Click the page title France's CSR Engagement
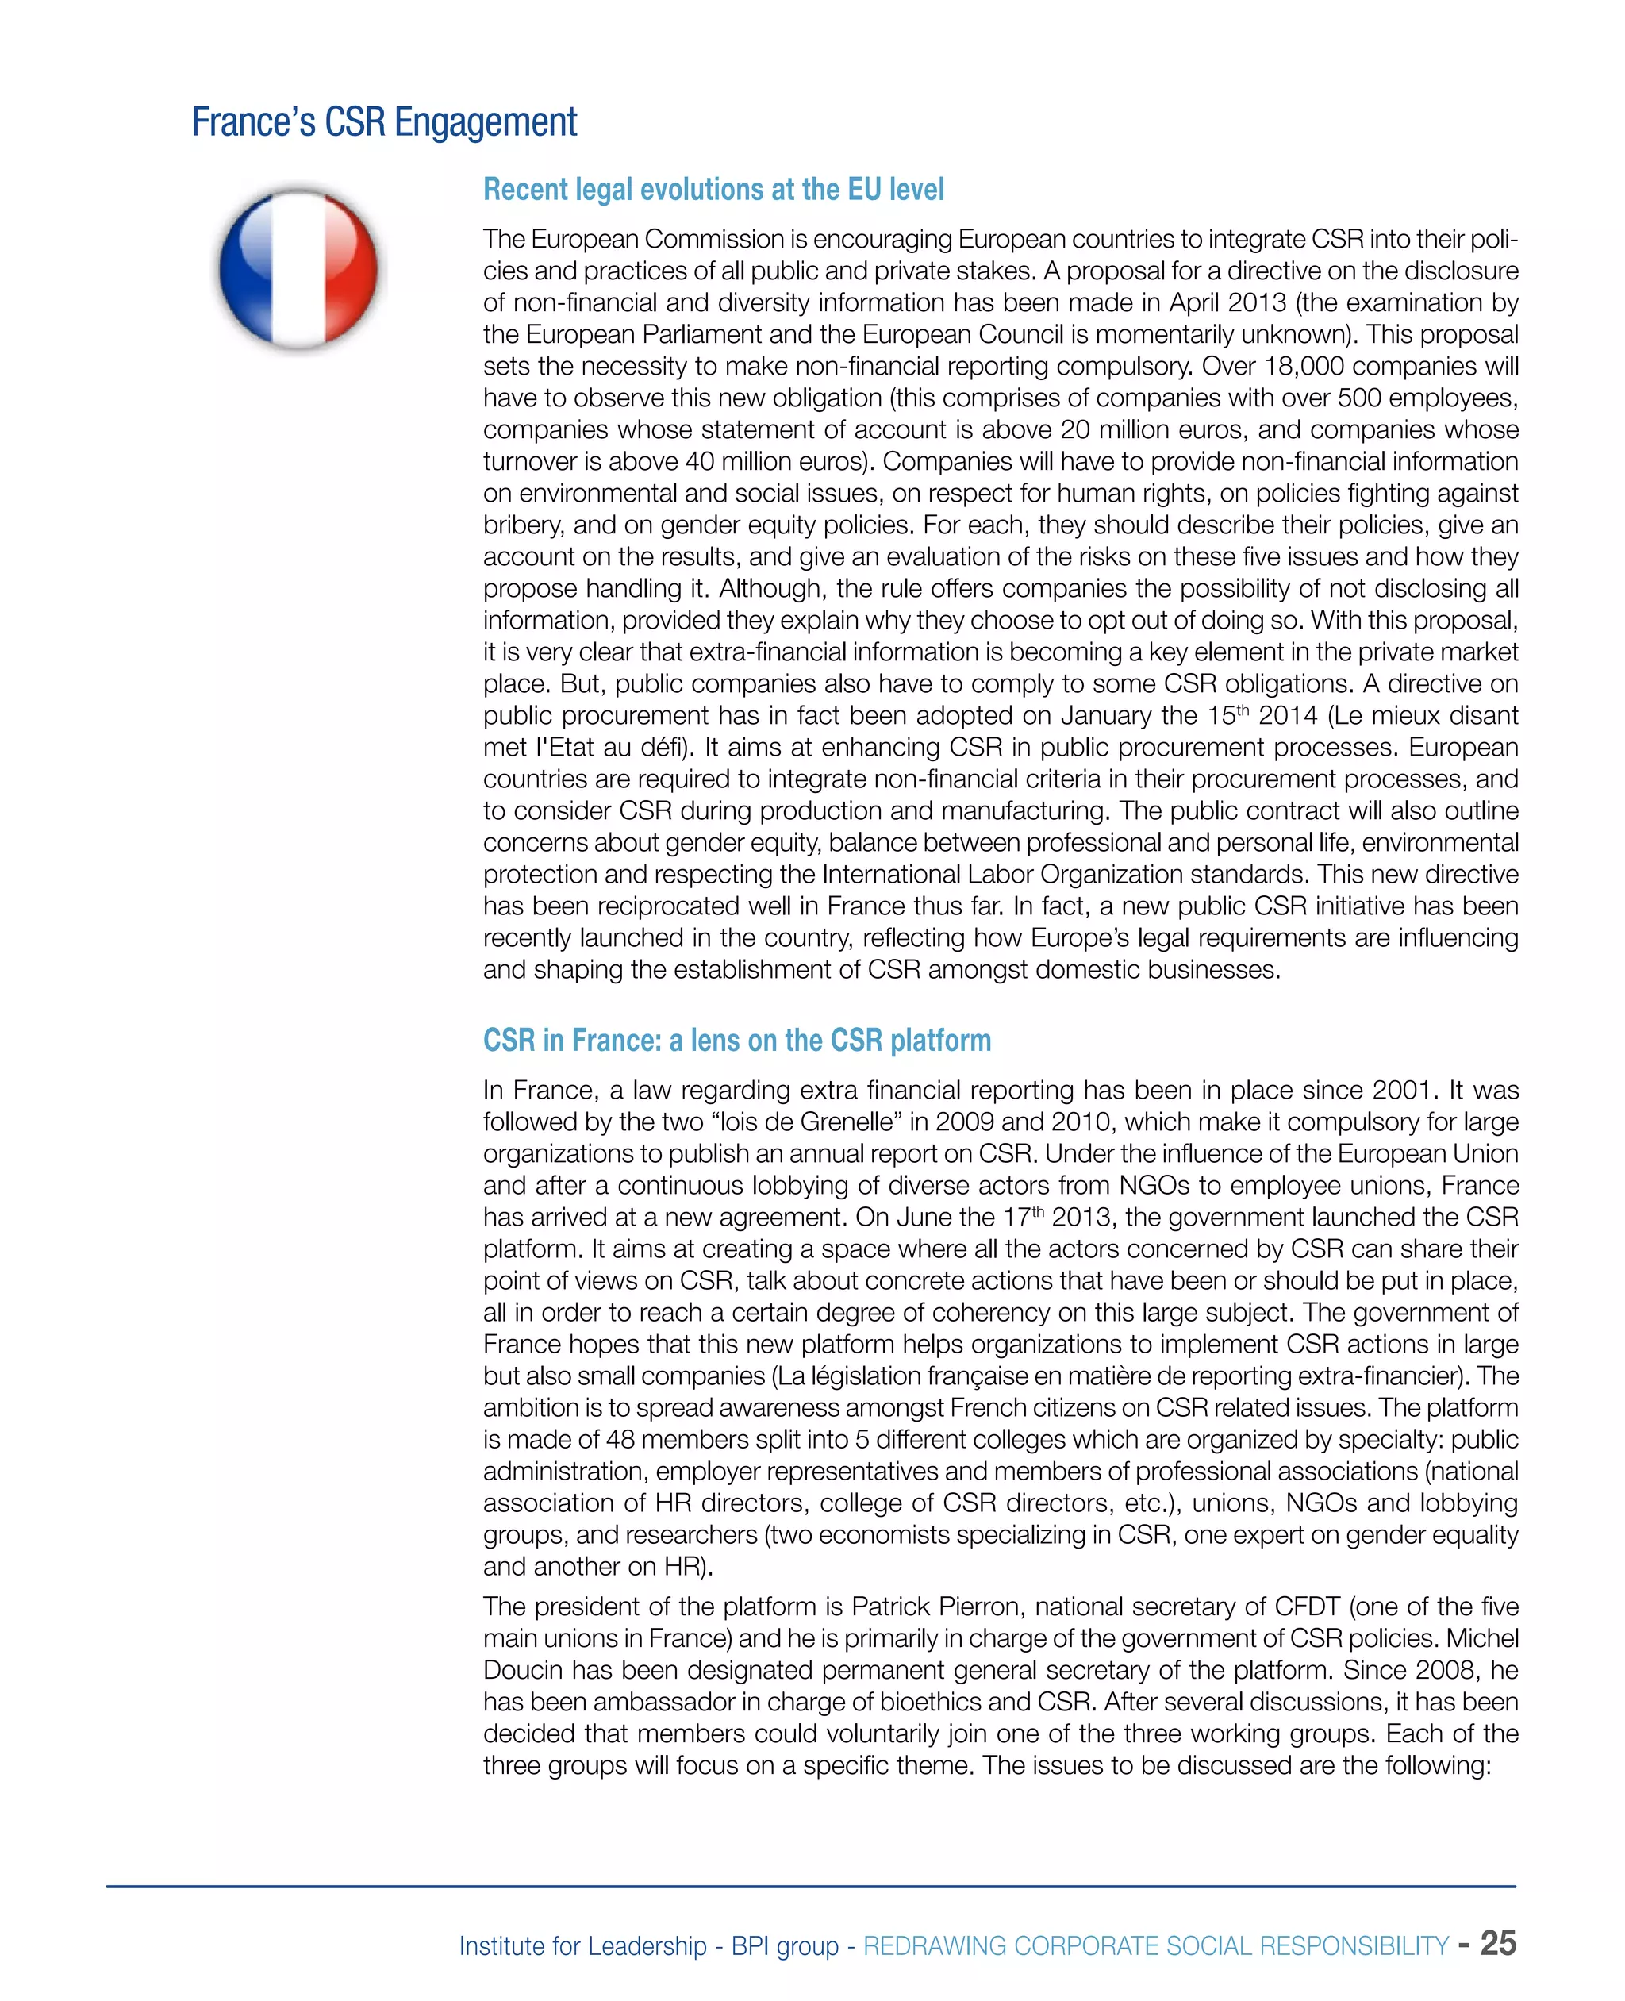pyautogui.click(x=384, y=123)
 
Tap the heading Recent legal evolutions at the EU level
pyautogui.click(x=713, y=190)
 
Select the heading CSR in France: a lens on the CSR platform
pyautogui.click(x=736, y=1041)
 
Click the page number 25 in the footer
pyautogui.click(x=1498, y=1943)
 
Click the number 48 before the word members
pyautogui.click(x=620, y=1439)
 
